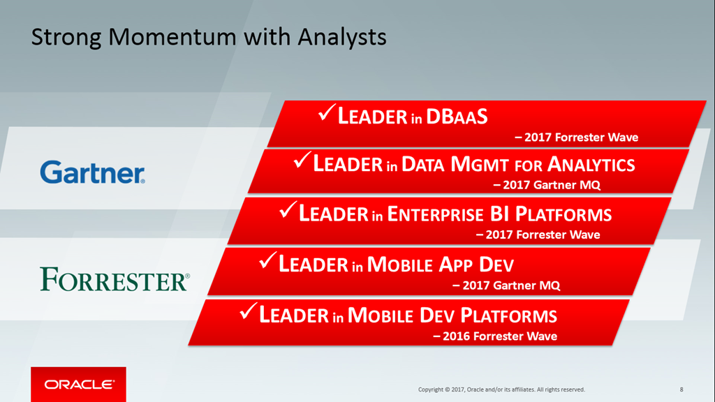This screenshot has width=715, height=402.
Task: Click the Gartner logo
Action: [93, 172]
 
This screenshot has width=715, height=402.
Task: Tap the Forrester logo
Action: [115, 279]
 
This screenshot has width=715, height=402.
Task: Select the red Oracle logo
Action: [78, 385]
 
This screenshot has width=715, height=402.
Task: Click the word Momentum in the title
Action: [172, 37]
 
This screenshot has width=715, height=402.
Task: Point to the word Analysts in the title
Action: [342, 38]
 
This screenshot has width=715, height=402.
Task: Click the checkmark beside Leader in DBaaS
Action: [327, 112]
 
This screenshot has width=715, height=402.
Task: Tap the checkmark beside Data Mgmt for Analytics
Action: [302, 160]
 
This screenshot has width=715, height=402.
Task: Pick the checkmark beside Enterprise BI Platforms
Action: [288, 209]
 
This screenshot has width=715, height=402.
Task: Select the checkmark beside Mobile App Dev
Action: [267, 260]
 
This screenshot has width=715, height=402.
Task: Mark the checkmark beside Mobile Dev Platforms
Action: [248, 311]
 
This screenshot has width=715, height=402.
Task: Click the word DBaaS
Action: [457, 117]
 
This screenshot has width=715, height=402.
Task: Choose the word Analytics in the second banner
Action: [591, 165]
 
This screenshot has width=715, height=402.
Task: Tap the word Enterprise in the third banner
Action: [435, 214]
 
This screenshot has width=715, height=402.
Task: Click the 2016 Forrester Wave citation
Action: [495, 336]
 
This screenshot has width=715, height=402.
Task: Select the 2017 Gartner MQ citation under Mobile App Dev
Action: [506, 285]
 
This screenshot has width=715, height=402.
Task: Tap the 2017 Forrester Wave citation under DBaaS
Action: [577, 137]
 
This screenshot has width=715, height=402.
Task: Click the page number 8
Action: [681, 389]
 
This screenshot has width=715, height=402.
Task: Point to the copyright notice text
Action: [501, 389]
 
